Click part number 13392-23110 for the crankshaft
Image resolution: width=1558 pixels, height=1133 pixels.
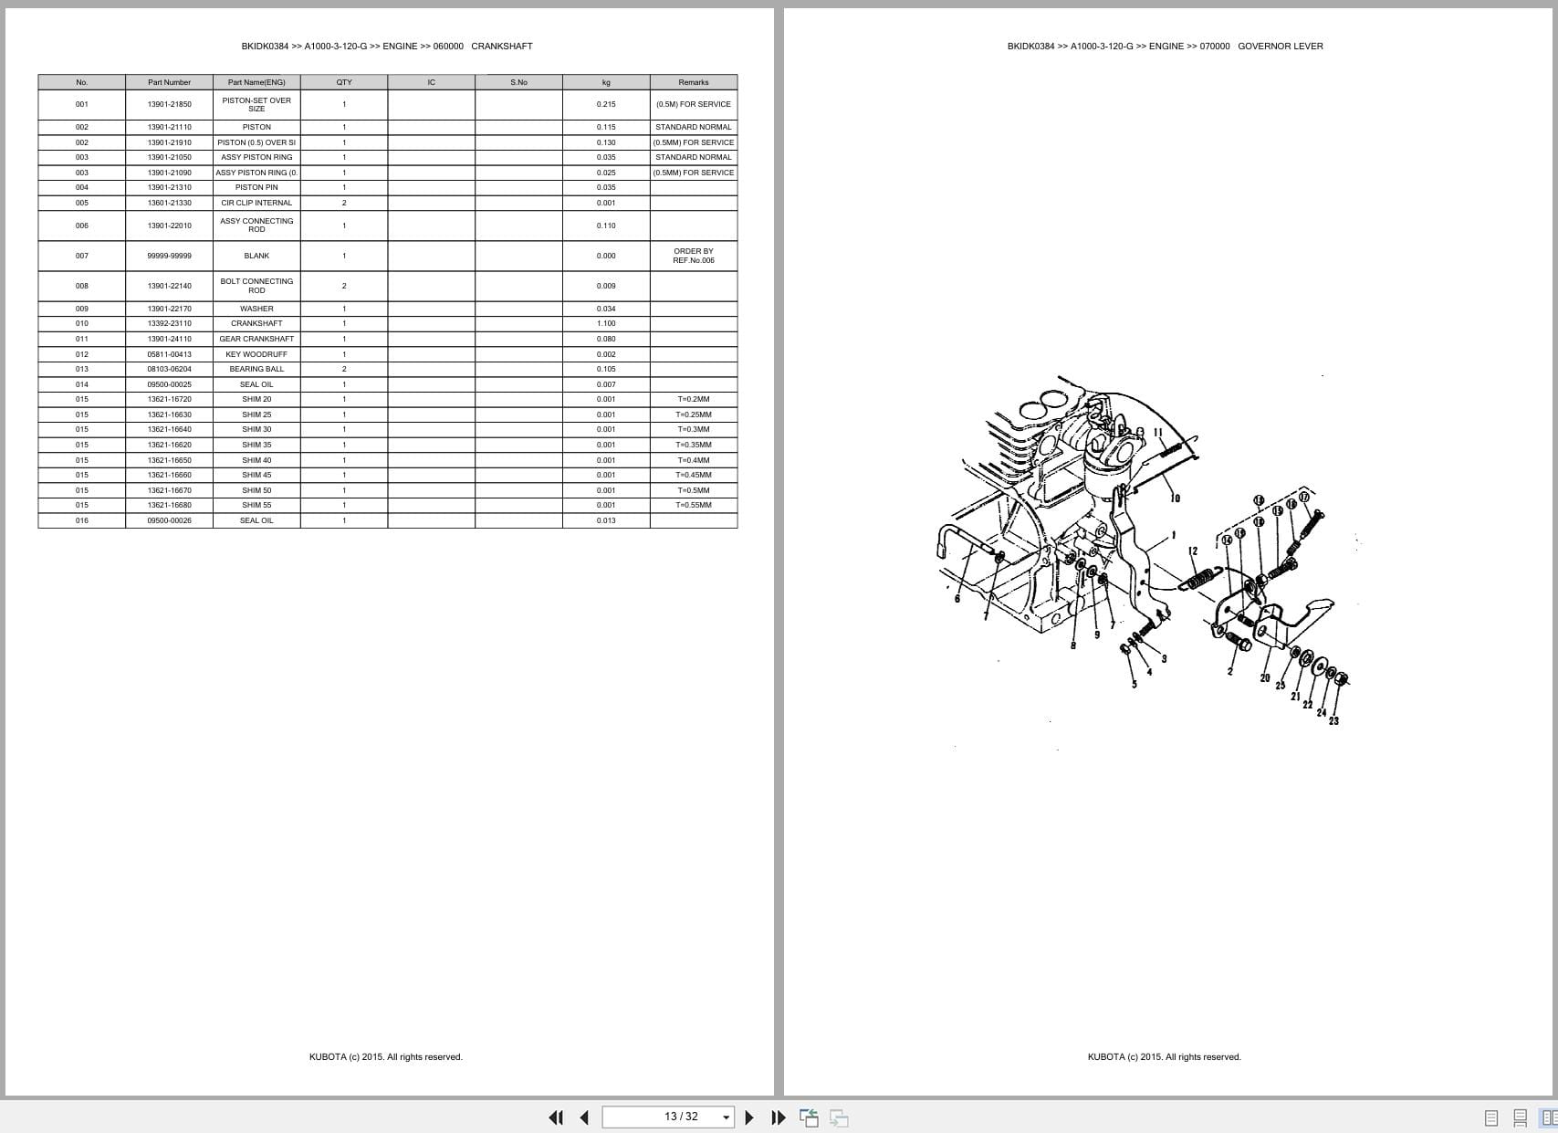pos(169,323)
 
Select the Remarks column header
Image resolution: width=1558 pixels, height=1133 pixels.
pos(693,82)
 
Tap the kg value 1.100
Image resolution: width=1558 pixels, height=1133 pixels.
pos(606,323)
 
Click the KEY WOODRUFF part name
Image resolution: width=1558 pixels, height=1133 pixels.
pos(256,354)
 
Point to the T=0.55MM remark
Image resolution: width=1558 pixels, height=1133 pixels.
pos(693,505)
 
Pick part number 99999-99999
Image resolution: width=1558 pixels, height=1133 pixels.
pos(169,256)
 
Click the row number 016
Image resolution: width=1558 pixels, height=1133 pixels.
pos(82,520)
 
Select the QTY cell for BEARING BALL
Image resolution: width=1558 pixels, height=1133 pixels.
pos(344,369)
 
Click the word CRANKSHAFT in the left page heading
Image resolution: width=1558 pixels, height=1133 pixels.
pos(501,46)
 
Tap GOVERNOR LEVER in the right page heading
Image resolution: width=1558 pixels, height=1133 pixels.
pos(1280,46)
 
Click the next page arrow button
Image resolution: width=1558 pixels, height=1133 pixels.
pos(749,1117)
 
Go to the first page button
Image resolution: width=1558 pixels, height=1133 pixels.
pos(556,1117)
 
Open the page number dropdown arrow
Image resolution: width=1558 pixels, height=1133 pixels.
pos(727,1117)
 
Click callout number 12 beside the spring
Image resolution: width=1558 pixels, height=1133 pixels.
pos(1193,551)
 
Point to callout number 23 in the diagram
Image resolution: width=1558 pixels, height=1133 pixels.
pos(1333,721)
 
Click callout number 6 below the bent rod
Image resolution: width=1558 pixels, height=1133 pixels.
pos(957,599)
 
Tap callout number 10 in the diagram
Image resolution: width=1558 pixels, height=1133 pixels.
pos(1176,498)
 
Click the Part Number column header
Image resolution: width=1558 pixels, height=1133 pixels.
pos(169,82)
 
